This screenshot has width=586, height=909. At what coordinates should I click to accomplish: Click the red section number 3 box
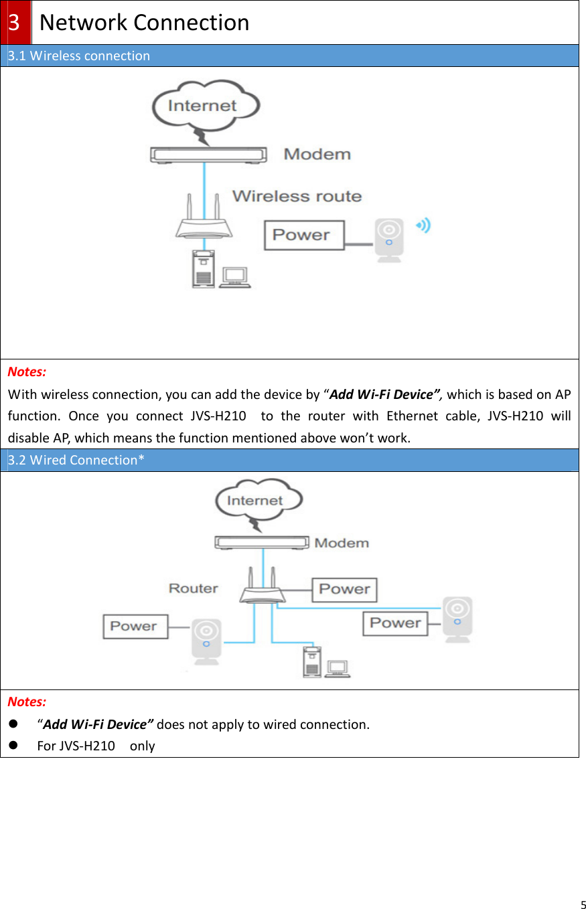coord(15,22)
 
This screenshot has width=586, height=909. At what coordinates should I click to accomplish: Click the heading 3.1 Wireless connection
coord(79,56)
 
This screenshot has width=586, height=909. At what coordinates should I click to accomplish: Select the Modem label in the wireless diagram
coord(317,154)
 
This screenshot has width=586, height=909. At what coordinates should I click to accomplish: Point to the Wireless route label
coord(297,196)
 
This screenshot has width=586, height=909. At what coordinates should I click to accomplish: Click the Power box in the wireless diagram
coord(303,235)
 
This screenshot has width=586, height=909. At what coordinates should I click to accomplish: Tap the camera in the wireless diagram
coord(388,239)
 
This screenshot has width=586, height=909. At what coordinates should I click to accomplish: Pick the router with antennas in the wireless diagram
coord(204,218)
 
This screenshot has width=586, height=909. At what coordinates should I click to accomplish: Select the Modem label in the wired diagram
coord(342,543)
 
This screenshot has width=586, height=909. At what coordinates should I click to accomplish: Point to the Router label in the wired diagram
coord(193,588)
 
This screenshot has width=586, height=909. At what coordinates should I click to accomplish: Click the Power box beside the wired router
coord(344,589)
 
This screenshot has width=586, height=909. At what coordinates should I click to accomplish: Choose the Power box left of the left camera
coord(134,626)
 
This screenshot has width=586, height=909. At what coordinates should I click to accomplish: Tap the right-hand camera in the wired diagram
coord(458,619)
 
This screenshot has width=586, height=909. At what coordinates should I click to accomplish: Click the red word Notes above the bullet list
coord(27,701)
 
